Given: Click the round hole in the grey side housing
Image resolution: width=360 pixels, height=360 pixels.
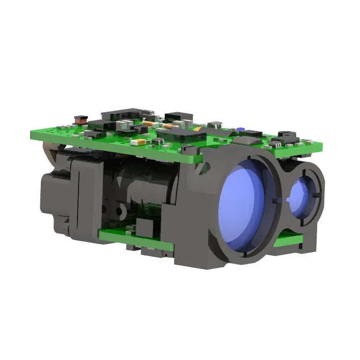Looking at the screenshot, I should pos(121,211).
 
